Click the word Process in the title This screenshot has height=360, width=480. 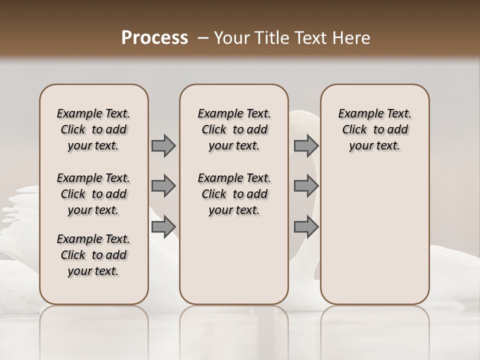pyautogui.click(x=154, y=38)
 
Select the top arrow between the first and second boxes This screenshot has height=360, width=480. pyautogui.click(x=163, y=145)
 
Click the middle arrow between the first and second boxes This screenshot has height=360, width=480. pyautogui.click(x=163, y=186)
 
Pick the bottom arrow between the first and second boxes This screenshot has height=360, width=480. pyautogui.click(x=163, y=227)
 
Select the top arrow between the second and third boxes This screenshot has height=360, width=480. pyautogui.click(x=306, y=145)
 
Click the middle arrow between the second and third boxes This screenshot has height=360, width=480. pyautogui.click(x=306, y=186)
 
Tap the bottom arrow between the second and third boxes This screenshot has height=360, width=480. pyautogui.click(x=306, y=227)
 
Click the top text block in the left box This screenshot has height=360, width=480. pyautogui.click(x=93, y=129)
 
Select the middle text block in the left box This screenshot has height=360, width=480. pyautogui.click(x=93, y=194)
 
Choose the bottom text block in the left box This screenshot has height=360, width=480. pyautogui.click(x=93, y=255)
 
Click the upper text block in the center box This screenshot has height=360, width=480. pyautogui.click(x=234, y=129)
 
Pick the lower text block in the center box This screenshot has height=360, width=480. pyautogui.click(x=234, y=194)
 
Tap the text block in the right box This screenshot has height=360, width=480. pyautogui.click(x=375, y=129)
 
